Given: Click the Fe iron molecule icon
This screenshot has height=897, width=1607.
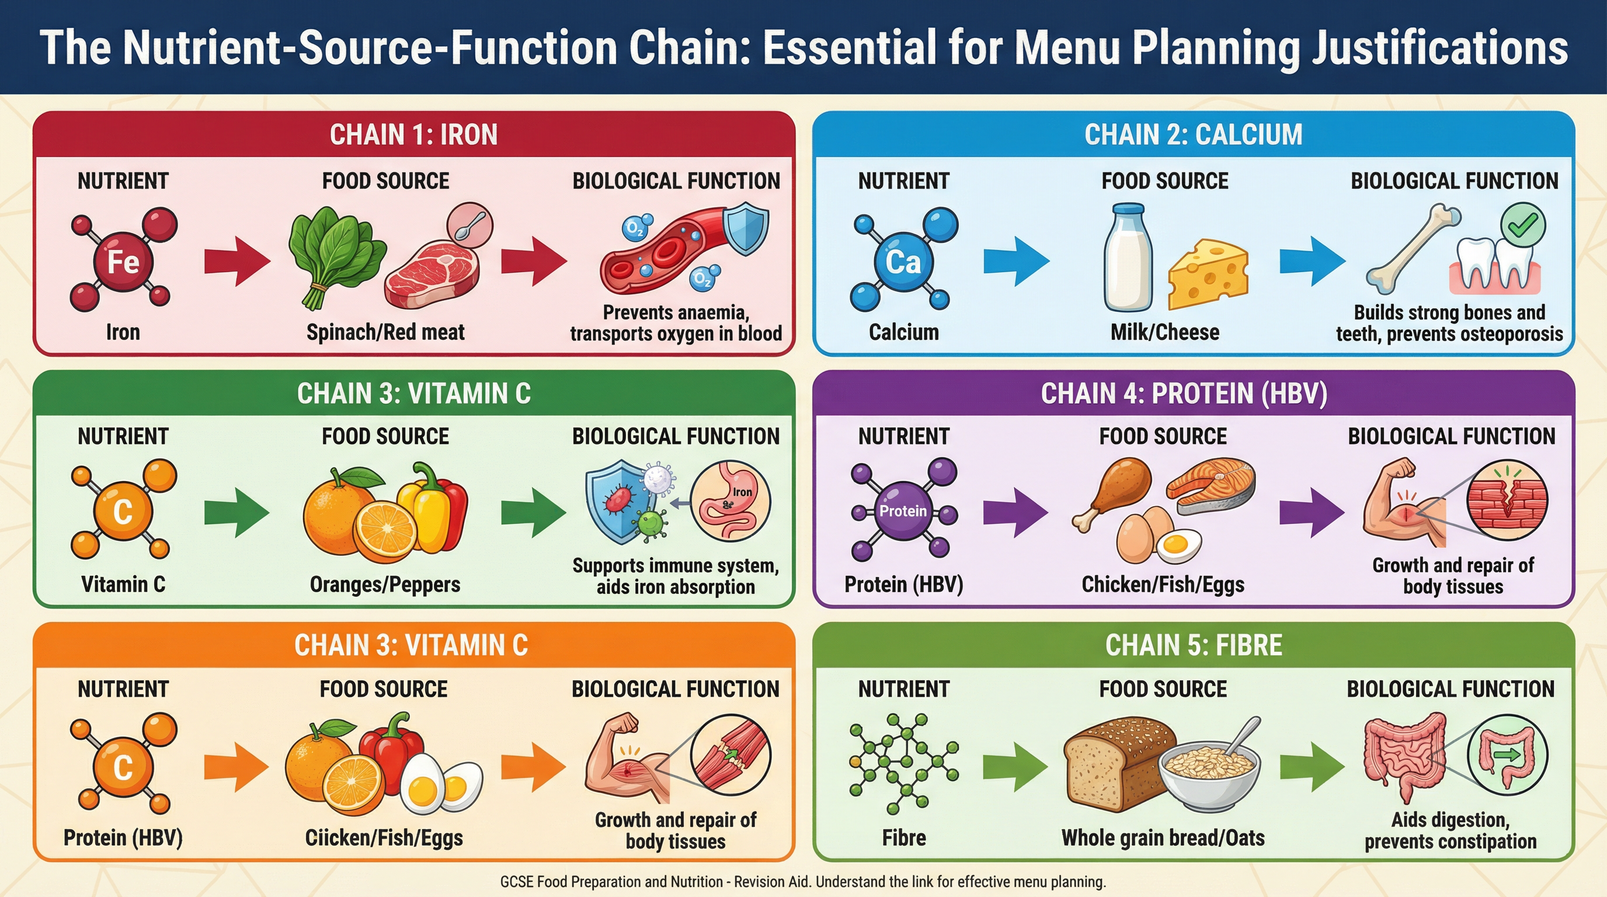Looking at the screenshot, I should pyautogui.click(x=123, y=260).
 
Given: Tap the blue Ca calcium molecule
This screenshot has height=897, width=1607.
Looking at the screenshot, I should pyautogui.click(x=903, y=260).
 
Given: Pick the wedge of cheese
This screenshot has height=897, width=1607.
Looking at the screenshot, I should pyautogui.click(x=1208, y=274).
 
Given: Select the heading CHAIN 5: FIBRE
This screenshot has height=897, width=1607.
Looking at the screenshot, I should pyautogui.click(x=1194, y=645).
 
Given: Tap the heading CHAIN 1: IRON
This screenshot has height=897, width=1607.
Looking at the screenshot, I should pyautogui.click(x=413, y=135).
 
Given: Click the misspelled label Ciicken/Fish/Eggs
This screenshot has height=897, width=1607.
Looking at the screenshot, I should pyautogui.click(x=384, y=838).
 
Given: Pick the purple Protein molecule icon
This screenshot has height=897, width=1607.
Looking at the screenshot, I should pyautogui.click(x=903, y=510).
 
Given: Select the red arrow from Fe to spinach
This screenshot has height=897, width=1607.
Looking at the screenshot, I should pyautogui.click(x=236, y=260).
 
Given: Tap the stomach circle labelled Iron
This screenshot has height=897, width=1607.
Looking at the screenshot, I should pyautogui.click(x=731, y=500).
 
